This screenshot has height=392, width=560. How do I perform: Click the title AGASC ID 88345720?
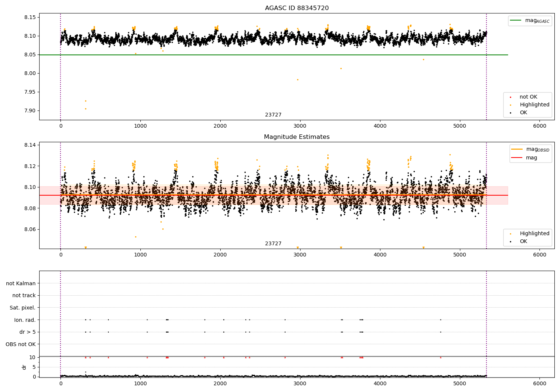click(x=297, y=8)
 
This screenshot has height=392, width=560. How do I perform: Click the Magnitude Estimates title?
click(x=297, y=137)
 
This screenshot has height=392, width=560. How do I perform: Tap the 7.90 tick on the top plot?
click(x=30, y=111)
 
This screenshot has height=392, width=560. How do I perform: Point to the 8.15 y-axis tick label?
click(x=30, y=18)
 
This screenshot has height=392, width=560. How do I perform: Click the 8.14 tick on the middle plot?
click(x=30, y=145)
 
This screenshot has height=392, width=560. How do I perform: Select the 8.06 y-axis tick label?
click(x=30, y=229)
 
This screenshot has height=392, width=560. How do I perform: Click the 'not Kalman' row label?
click(x=21, y=283)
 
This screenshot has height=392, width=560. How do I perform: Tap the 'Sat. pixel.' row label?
click(x=23, y=308)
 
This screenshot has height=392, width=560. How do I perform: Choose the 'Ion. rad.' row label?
click(x=25, y=320)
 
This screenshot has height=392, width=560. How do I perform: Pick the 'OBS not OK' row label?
click(x=21, y=344)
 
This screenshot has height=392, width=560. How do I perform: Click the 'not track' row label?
click(x=24, y=295)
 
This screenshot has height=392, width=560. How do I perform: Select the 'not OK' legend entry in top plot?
click(x=528, y=97)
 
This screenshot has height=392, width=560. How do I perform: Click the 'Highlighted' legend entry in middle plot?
click(x=534, y=234)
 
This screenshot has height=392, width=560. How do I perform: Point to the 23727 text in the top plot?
click(x=273, y=115)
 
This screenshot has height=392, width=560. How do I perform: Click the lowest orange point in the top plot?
click(x=85, y=109)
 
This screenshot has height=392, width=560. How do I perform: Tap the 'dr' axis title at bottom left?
click(x=24, y=367)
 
